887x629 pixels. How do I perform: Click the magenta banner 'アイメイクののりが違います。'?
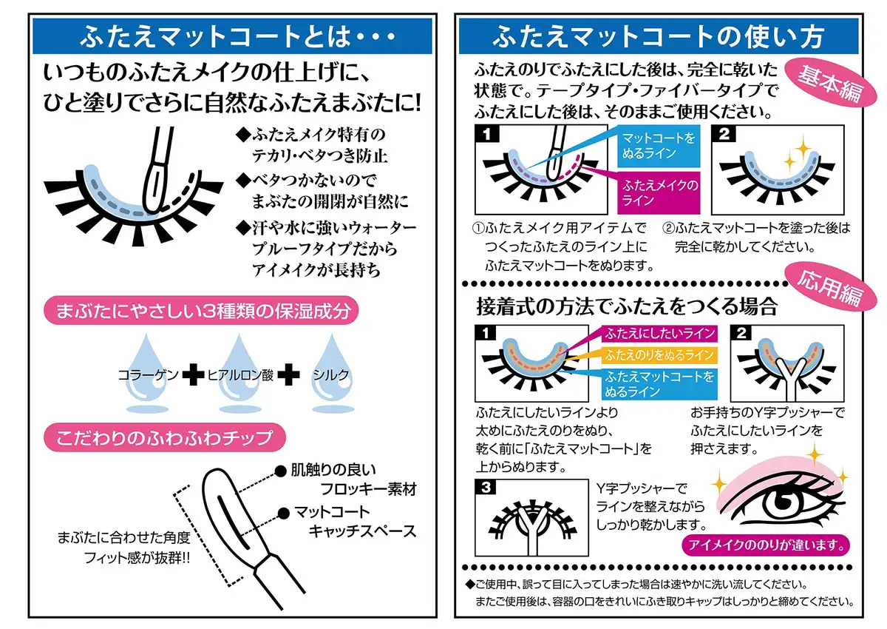(765, 546)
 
